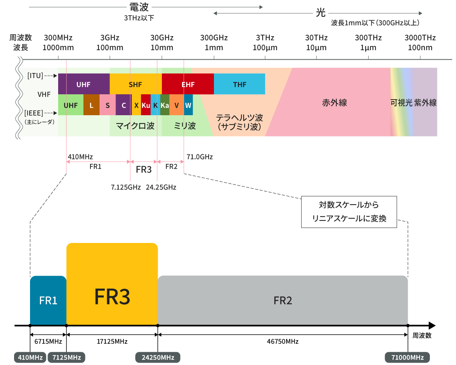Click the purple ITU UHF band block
[84, 84]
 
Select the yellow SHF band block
[135, 84]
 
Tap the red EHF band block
[188, 84]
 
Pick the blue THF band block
[239, 84]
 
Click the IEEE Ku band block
[146, 105]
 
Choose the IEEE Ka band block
[165, 105]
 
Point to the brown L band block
[91, 105]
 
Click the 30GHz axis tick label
[162, 43]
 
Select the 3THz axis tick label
[265, 43]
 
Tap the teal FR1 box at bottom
[48, 300]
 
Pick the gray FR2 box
[283, 300]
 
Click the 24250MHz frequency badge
[158, 357]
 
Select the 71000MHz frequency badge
[407, 357]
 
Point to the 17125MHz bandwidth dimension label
[112, 341]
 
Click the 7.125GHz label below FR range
[126, 187]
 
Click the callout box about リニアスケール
[349, 212]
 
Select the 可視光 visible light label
[401, 103]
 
